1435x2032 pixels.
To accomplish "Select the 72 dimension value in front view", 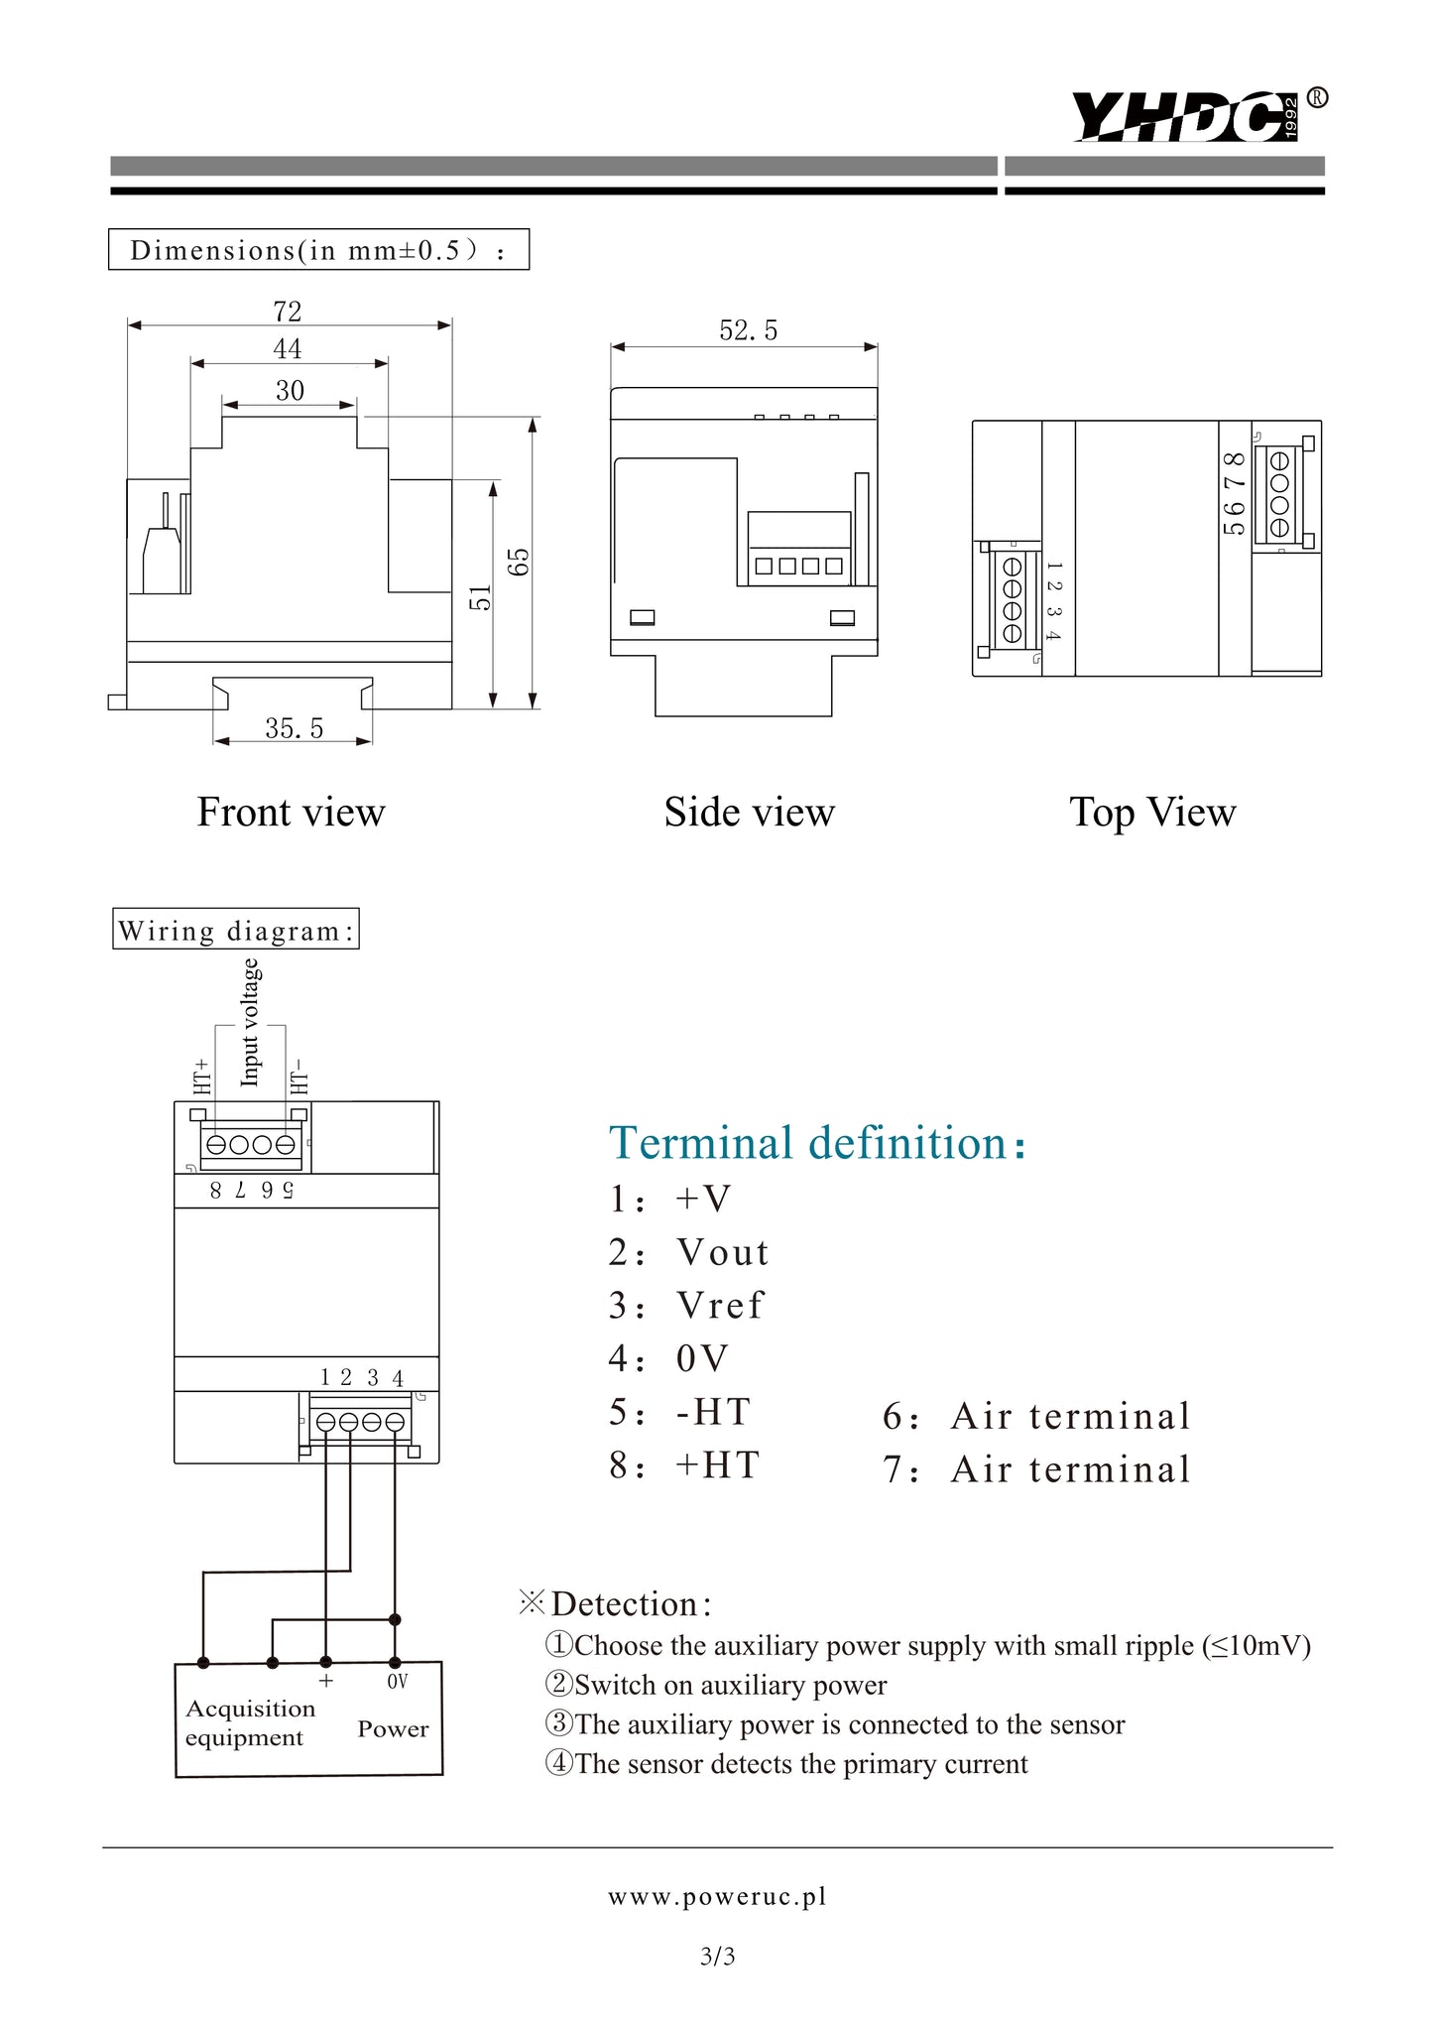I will pyautogui.click(x=288, y=312).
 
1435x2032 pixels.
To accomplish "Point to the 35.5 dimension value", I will pyautogui.click(x=294, y=729).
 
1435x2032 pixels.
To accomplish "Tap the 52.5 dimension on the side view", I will pyautogui.click(x=748, y=331).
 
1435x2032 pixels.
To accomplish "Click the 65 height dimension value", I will pyautogui.click(x=520, y=562).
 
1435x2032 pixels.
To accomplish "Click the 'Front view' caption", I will pyautogui.click(x=291, y=813).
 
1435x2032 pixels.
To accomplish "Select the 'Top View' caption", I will pyautogui.click(x=1152, y=813).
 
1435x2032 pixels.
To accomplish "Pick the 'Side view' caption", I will pyautogui.click(x=749, y=813).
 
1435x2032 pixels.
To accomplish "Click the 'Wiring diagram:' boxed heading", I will pyautogui.click(x=236, y=931).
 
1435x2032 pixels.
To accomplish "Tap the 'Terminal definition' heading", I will pyautogui.click(x=817, y=1143).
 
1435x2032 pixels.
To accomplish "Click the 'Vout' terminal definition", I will pyautogui.click(x=722, y=1253).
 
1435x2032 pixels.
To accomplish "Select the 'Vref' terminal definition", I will pyautogui.click(x=720, y=1306).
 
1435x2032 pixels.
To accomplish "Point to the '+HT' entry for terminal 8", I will pyautogui.click(x=717, y=1465).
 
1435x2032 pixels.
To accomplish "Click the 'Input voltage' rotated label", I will pyautogui.click(x=250, y=1022).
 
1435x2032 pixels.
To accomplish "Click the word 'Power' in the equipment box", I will pyautogui.click(x=393, y=1729).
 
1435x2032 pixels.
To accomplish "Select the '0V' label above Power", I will pyautogui.click(x=397, y=1682).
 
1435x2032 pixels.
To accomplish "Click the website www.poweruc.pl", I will pyautogui.click(x=717, y=1897).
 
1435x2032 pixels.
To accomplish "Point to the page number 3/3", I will pyautogui.click(x=717, y=1957).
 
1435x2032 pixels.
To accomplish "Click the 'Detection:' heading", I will pyautogui.click(x=631, y=1604).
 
